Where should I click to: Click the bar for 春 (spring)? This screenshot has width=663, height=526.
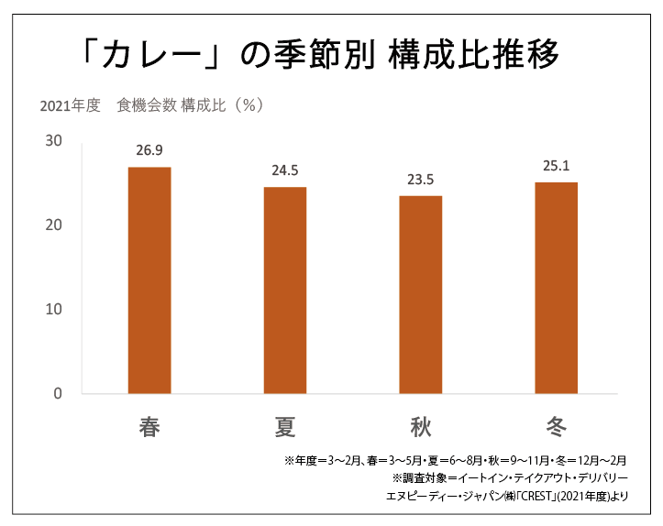[x=149, y=279]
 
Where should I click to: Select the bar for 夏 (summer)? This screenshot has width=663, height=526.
[x=284, y=290]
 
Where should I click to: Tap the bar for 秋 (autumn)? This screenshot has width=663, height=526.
[x=420, y=294]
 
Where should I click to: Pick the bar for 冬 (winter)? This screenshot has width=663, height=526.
[x=556, y=288]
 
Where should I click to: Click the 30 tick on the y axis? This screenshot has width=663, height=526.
[x=52, y=140]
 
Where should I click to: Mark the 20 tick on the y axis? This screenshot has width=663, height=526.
[x=52, y=225]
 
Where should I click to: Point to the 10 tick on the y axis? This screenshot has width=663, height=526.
[x=52, y=309]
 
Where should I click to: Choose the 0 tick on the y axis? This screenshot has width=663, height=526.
[x=57, y=394]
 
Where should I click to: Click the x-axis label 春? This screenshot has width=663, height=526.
[x=149, y=427]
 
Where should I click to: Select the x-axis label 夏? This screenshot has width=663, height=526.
[x=284, y=427]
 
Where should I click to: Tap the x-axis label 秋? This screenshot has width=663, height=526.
[x=420, y=427]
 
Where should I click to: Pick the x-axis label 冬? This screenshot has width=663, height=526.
[x=556, y=427]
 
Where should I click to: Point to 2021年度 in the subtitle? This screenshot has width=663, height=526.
[x=70, y=105]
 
